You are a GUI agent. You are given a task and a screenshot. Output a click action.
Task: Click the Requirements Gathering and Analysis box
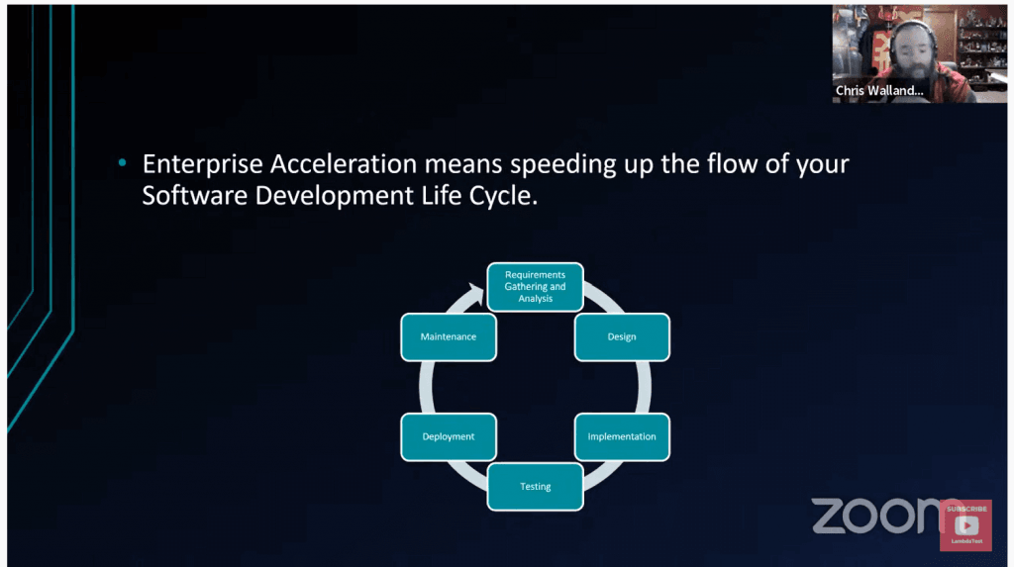(535, 286)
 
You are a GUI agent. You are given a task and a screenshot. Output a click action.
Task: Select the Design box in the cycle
(622, 336)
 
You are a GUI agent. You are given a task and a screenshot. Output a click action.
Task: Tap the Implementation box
(622, 436)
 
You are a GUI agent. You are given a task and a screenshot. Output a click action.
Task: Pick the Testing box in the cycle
(535, 486)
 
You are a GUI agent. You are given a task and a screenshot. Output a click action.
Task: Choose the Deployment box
(449, 436)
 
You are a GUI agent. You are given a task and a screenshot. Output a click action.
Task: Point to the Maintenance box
(449, 336)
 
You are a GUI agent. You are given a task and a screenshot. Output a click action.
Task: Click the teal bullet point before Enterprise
(122, 163)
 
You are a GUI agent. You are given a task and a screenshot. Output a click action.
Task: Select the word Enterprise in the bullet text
(202, 165)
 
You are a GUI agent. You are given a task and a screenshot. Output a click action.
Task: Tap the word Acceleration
(344, 164)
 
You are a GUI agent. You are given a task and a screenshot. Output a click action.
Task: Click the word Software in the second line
(195, 195)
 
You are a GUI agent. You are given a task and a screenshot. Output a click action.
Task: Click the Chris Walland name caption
(879, 90)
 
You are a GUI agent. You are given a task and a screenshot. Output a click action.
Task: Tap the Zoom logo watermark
(879, 516)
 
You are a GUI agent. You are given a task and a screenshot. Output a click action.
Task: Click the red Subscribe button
(966, 525)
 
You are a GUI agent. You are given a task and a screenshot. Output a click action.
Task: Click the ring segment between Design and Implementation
(644, 387)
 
